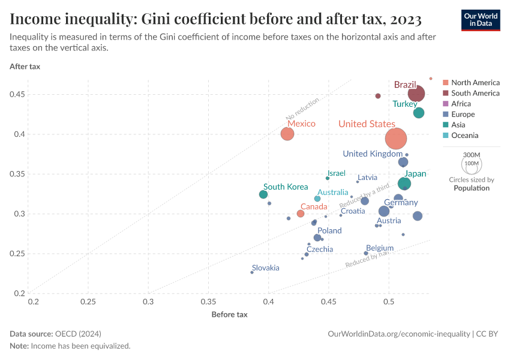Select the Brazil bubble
pyautogui.click(x=416, y=94)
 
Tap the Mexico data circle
pyautogui.click(x=287, y=134)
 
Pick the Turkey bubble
pyautogui.click(x=419, y=113)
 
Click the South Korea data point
pyautogui.click(x=263, y=194)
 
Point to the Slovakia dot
pyautogui.click(x=252, y=272)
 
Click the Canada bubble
pyautogui.click(x=301, y=214)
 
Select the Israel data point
pyautogui.click(x=328, y=178)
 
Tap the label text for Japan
pyautogui.click(x=415, y=174)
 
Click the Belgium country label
pyautogui.click(x=380, y=248)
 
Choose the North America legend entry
pyautogui.click(x=475, y=83)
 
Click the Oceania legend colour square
pyautogui.click(x=446, y=136)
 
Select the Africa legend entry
pyautogui.click(x=461, y=104)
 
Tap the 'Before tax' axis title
pyautogui.click(x=229, y=314)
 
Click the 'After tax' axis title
pyautogui.click(x=25, y=67)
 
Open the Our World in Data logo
pyautogui.click(x=481, y=20)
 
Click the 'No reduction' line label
pyautogui.click(x=303, y=109)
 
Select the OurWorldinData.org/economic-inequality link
pyautogui.click(x=398, y=334)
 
